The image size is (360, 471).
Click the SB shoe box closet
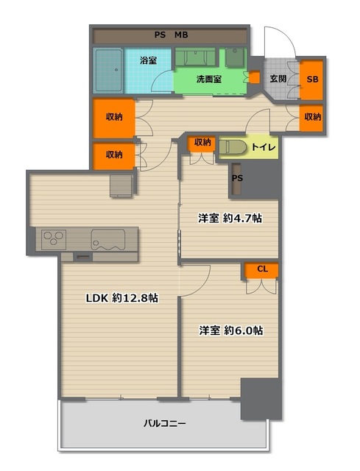[x=311, y=79]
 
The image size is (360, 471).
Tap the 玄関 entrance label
[x=278, y=79]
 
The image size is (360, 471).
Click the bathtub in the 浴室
[x=109, y=71]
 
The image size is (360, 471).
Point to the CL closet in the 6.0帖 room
[x=261, y=270]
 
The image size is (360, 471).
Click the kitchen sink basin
[x=108, y=239]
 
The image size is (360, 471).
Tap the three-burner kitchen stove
[x=54, y=239]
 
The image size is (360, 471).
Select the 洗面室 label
[x=209, y=79]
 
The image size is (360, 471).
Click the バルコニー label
[x=165, y=424]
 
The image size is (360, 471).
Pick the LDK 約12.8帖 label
[x=122, y=298]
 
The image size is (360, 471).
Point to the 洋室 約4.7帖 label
[x=230, y=218]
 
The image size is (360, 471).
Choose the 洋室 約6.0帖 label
[x=231, y=330]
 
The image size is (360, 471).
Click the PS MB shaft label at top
[x=172, y=35]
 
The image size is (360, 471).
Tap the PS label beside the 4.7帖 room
[x=237, y=178]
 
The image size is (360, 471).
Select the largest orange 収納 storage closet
[x=114, y=118]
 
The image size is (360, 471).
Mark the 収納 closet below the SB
[x=311, y=118]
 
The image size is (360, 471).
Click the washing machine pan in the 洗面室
[x=236, y=57]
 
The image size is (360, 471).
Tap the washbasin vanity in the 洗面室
[x=195, y=57]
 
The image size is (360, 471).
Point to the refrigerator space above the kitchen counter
[x=121, y=185]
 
